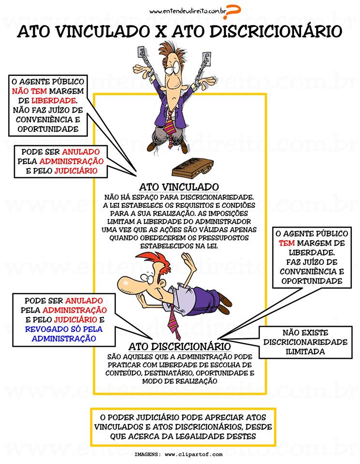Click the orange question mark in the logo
[x=233, y=12]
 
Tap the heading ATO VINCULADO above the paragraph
[x=179, y=187]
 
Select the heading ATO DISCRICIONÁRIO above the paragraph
[x=179, y=347]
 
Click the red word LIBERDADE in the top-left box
[x=54, y=101]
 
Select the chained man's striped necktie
[x=169, y=123]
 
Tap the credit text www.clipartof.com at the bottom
[x=193, y=454]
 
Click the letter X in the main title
[x=159, y=31]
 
